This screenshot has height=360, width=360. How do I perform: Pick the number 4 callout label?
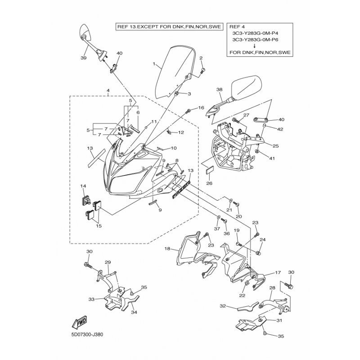click(x=108, y=91)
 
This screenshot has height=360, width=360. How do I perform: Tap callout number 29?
click(x=108, y=262)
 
